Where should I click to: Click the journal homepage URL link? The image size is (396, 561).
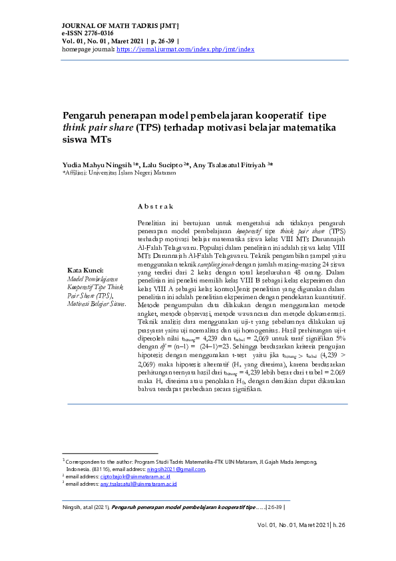185,49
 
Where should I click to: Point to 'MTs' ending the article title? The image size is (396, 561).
99,140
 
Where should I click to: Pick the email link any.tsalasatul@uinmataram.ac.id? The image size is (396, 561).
138,484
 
